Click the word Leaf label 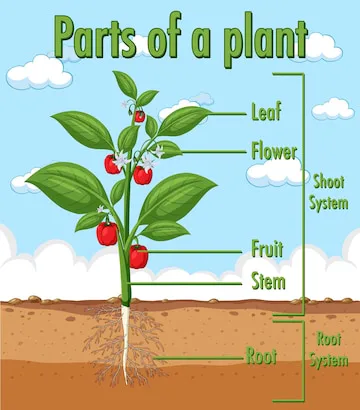coord(266,111)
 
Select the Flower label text coord(273,153)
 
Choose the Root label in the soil coord(262,355)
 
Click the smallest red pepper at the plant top coord(139,116)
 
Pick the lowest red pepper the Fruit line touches coord(138,256)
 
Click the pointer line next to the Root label coord(200,355)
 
